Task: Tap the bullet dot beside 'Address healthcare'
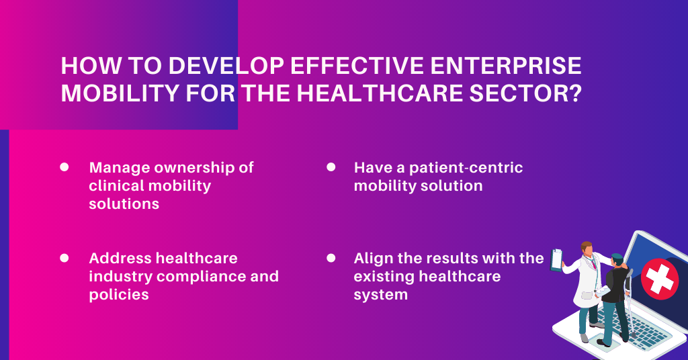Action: (64, 258)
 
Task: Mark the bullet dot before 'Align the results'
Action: (331, 258)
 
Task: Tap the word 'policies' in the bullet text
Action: (119, 294)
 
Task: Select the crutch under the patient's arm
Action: (630, 302)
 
